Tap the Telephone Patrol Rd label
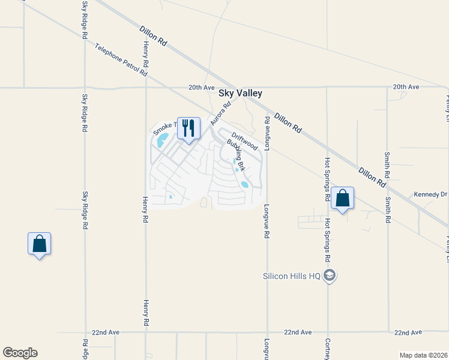click(x=121, y=60)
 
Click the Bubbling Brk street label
click(x=236, y=154)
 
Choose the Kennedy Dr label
click(x=430, y=194)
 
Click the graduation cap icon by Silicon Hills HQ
click(x=329, y=275)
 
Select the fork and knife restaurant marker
click(x=188, y=128)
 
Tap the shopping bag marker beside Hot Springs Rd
click(x=342, y=198)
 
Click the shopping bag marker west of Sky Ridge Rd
click(x=39, y=244)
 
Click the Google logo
click(x=20, y=353)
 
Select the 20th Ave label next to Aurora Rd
click(x=201, y=87)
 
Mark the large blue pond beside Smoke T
click(x=162, y=142)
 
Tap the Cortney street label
click(x=328, y=347)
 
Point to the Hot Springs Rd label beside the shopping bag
click(x=328, y=179)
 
